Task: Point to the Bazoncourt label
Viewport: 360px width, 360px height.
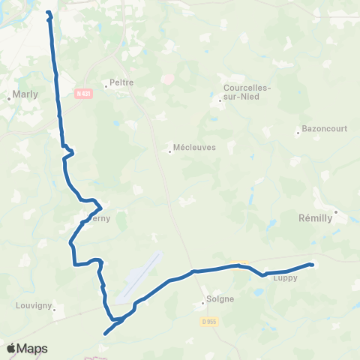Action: pyautogui.click(x=324, y=128)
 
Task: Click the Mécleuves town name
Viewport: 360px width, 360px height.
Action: pyautogui.click(x=193, y=148)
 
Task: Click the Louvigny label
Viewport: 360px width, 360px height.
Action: pyautogui.click(x=33, y=306)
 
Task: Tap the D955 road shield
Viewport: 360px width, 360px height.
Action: pyautogui.click(x=208, y=321)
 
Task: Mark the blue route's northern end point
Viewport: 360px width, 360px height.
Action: pyautogui.click(x=49, y=13)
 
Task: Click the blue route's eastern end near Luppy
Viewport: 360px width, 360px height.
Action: pyautogui.click(x=310, y=264)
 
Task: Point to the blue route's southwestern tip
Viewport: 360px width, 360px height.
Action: pyautogui.click(x=105, y=334)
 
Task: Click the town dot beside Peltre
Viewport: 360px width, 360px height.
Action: pyautogui.click(x=106, y=85)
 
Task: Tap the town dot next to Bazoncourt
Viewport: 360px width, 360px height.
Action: pyautogui.click(x=298, y=133)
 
